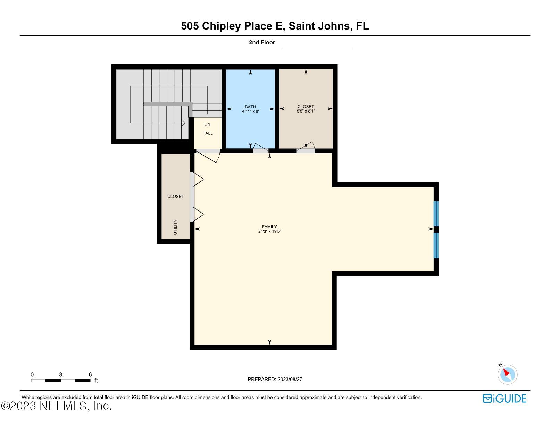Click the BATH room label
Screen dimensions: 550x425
coord(250,107)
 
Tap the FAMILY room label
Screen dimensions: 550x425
coord(269,227)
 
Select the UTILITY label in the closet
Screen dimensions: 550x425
coord(175,227)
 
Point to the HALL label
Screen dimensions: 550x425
coord(207,133)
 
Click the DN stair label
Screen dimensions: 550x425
coord(207,124)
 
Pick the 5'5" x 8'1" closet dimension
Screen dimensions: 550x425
coord(306,111)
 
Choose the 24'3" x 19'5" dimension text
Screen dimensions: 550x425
coord(269,231)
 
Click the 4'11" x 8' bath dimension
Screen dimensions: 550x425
coord(250,111)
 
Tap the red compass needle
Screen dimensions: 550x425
coord(506,372)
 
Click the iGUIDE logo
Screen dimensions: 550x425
coord(505,398)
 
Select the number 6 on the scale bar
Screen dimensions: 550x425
coord(90,374)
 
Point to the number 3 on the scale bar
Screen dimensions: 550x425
coord(61,374)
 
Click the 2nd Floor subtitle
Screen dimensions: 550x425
coord(262,42)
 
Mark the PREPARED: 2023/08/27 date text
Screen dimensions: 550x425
coord(275,379)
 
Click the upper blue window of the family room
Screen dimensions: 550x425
coord(436,214)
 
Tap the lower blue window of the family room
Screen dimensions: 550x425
coord(436,245)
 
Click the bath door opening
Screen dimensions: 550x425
coord(261,151)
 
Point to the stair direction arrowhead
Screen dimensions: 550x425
coord(183,123)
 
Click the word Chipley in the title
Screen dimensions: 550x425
coord(221,26)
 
